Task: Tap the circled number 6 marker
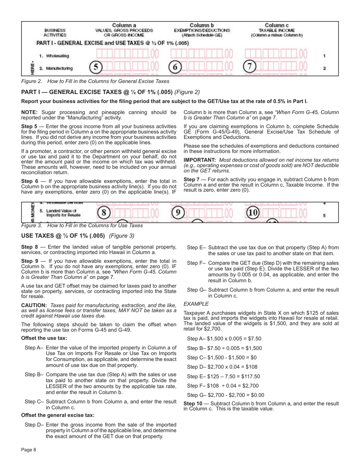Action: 175,68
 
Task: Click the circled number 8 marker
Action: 103,213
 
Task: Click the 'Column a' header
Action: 124,25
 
